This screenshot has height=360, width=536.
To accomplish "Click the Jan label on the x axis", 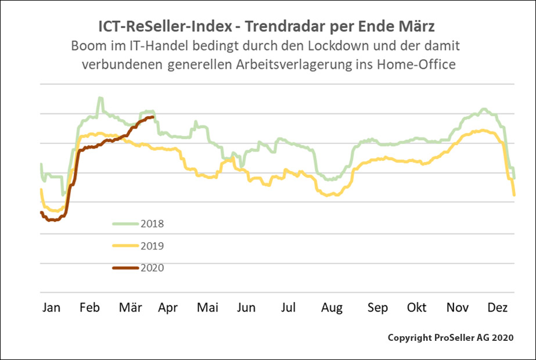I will coord(51,307).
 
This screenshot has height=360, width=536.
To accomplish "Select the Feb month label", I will coord(91,307).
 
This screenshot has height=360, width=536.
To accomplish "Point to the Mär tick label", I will coord(131,307).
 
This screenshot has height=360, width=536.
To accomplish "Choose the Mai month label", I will coord(207,307).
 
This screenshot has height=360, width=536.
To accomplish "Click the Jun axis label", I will coord(246,307).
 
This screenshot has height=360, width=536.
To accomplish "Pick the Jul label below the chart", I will coord(289,307).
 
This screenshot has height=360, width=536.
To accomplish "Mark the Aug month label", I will coord(332,307).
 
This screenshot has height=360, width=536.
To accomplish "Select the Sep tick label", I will coord(377,307).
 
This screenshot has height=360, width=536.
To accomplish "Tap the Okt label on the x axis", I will coord(416,307).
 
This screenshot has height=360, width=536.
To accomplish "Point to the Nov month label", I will coord(458,307).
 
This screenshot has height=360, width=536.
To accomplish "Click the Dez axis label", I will coord(497,307).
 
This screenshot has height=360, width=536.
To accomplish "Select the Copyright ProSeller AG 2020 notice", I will coord(450,337).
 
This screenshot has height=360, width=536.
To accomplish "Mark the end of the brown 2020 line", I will coord(153,117).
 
